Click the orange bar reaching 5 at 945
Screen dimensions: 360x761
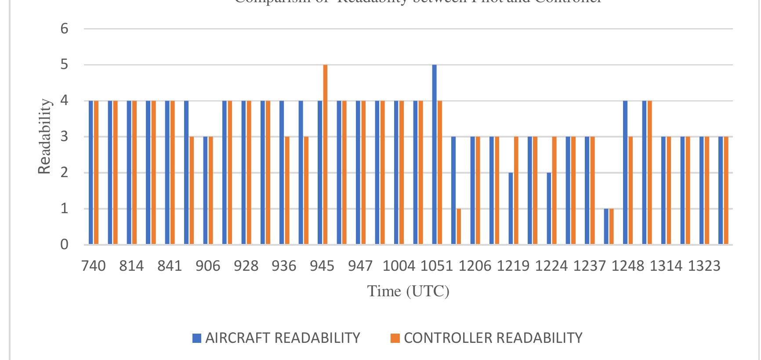point(325,154)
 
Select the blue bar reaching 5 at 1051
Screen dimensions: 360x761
point(435,154)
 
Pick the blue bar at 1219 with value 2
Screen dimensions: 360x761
point(511,208)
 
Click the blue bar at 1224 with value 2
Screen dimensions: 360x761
point(549,208)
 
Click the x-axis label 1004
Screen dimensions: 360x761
point(399,266)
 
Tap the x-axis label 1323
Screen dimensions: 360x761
point(704,266)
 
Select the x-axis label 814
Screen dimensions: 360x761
point(131,266)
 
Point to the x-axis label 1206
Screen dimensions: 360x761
point(475,266)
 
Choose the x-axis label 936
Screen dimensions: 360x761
point(284,266)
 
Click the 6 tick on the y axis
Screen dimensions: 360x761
point(65,29)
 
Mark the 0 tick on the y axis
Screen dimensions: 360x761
point(65,244)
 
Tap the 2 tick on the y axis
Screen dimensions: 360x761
point(65,173)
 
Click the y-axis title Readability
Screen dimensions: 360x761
point(44,136)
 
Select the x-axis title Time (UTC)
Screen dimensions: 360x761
point(408,291)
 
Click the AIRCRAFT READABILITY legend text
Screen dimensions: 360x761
point(283,338)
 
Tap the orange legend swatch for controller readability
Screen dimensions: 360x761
point(395,338)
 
